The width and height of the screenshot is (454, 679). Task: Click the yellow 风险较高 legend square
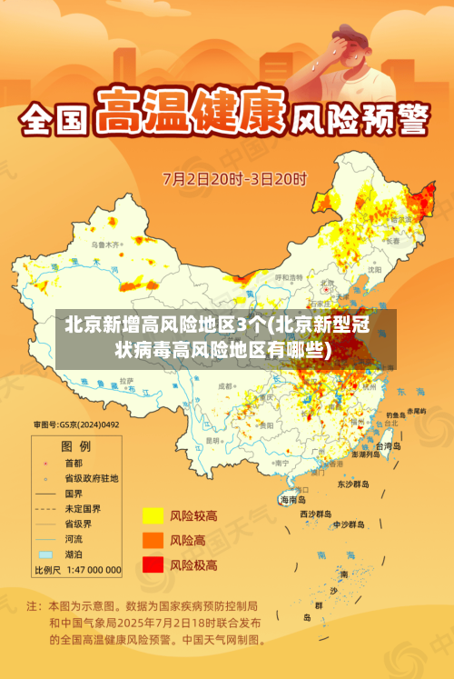152,516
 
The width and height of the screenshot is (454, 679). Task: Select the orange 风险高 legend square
152,541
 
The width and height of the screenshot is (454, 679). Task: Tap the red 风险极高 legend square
152,564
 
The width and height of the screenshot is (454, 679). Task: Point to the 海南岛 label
292,499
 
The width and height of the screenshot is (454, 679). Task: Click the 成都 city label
225,386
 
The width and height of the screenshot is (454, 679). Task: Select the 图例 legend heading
75,446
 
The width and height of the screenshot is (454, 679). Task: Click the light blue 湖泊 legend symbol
44,554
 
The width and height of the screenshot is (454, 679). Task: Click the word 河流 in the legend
74,539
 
